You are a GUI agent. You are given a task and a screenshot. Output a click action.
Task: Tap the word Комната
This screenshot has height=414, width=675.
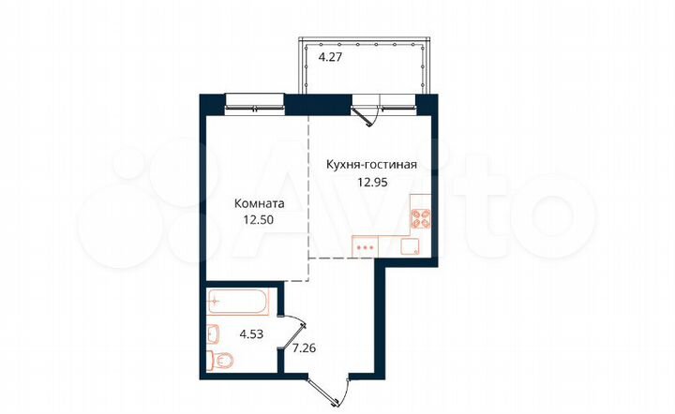tap(260, 202)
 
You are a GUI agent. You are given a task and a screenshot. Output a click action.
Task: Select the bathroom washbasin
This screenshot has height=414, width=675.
tap(212, 332)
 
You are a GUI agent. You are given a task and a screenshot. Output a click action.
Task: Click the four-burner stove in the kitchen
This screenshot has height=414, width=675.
tap(420, 219)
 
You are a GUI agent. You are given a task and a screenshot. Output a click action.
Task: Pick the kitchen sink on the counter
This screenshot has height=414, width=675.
tap(410, 246)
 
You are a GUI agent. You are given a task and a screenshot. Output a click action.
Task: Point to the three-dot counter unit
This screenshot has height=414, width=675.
tap(367, 247)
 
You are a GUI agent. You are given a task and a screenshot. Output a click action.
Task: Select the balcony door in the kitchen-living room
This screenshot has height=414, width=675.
tap(367, 111)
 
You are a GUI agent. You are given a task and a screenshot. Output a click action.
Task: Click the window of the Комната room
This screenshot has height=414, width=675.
tap(255, 101)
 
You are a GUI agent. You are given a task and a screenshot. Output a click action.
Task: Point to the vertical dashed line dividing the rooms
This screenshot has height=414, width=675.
tap(308, 197)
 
